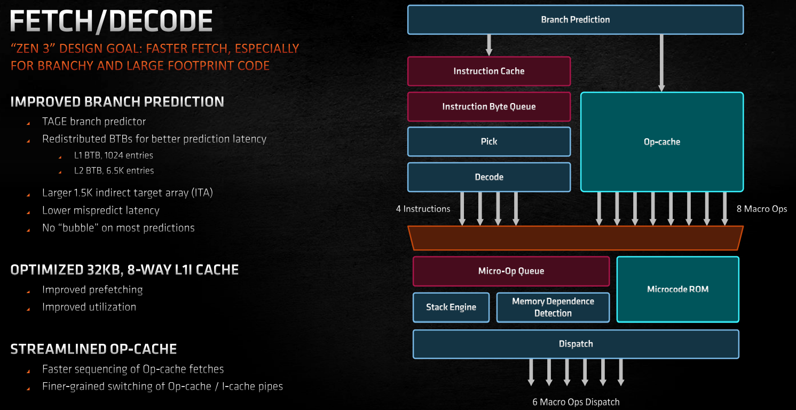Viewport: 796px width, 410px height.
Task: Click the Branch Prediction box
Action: (x=576, y=20)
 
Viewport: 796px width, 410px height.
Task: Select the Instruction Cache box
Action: (x=489, y=71)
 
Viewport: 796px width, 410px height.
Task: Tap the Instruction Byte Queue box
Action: (x=489, y=107)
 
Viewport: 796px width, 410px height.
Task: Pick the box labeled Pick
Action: (x=489, y=141)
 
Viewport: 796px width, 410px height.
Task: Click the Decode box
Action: (x=489, y=177)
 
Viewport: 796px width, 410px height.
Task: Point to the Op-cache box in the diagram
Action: (x=662, y=142)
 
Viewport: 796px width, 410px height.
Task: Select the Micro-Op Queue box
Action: (x=511, y=271)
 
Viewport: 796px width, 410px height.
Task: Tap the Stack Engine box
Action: (x=451, y=307)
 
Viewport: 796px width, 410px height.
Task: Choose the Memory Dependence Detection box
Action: (x=553, y=307)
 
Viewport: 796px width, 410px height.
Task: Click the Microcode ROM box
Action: (x=677, y=289)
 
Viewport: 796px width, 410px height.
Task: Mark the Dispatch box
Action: (x=576, y=344)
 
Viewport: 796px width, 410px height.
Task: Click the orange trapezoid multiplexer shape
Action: (x=576, y=238)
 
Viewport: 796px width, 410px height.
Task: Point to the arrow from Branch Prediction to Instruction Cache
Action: (x=489, y=45)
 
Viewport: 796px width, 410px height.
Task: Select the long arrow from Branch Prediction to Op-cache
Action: (x=661, y=63)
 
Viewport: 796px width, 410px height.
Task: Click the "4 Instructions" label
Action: (x=423, y=209)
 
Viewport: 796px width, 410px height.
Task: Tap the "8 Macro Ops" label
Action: (x=761, y=209)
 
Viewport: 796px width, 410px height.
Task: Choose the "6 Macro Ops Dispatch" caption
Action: (x=576, y=402)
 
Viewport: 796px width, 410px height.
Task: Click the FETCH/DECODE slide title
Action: (x=111, y=21)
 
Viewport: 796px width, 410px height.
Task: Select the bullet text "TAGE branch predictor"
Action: (x=94, y=122)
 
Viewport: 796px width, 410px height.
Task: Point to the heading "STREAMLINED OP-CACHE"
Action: (x=93, y=349)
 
